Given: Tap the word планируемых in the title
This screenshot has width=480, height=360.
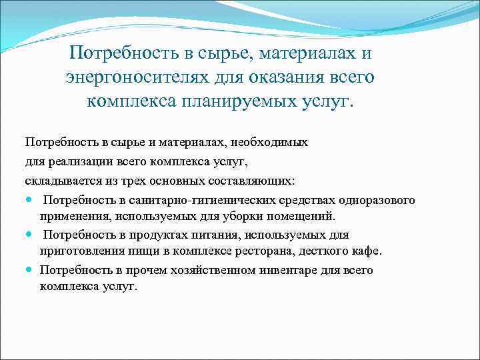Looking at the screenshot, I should tap(237, 102).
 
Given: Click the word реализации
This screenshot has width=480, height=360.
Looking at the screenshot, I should tap(79, 162).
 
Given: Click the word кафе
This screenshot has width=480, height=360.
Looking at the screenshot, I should tap(366, 251).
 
